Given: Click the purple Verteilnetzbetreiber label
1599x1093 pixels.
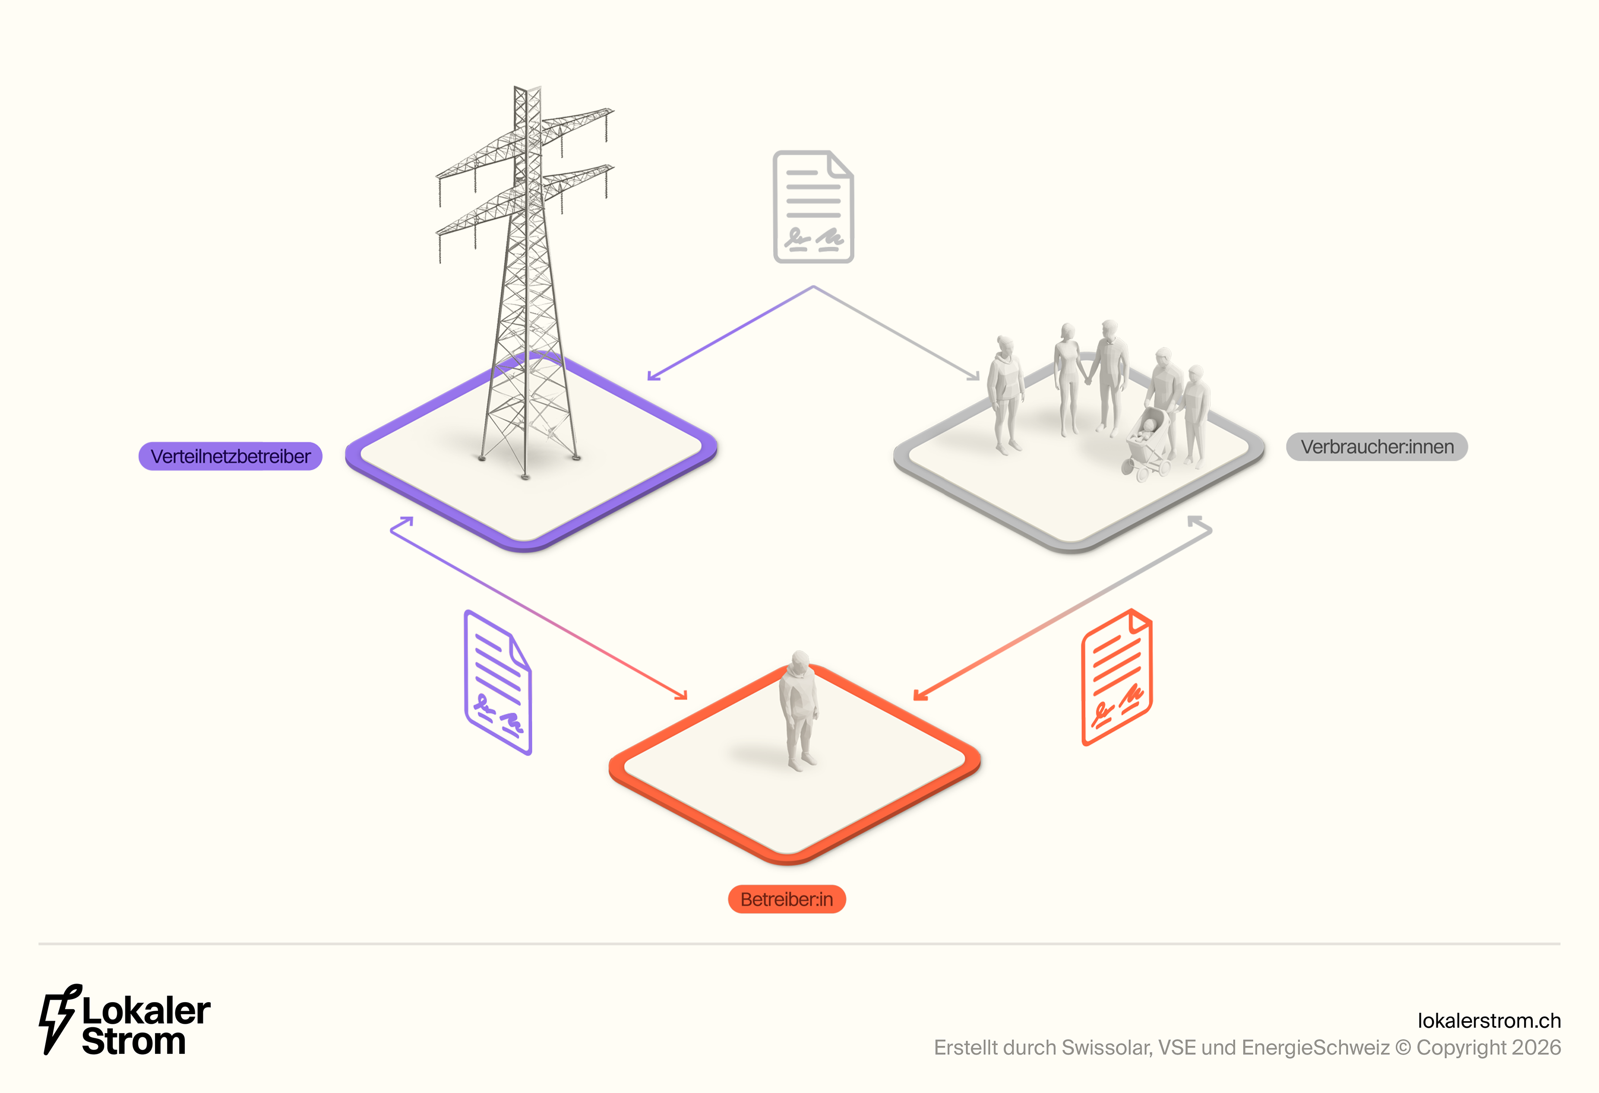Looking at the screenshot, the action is [x=230, y=456].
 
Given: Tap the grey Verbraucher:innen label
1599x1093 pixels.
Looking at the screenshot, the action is [x=1376, y=447].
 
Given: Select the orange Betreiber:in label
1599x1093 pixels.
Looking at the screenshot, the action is [x=786, y=899].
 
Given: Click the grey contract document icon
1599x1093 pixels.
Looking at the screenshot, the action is [x=813, y=206].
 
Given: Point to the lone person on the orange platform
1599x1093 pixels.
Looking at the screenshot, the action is [x=798, y=709].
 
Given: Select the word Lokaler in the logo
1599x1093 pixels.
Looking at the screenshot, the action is [x=146, y=1010].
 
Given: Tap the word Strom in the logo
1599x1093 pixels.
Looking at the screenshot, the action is [x=134, y=1041].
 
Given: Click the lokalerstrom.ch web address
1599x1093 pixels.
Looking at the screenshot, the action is [x=1489, y=1020].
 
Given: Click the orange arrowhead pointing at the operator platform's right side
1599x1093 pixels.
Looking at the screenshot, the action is [x=920, y=695].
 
